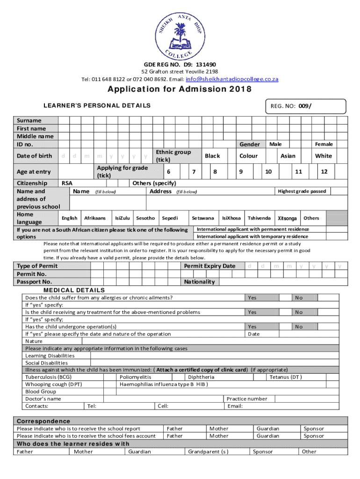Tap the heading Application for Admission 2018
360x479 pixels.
[x=180, y=90]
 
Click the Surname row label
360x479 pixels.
[x=29, y=120]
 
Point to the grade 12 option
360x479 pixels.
[x=324, y=172]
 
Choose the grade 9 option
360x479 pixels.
[x=240, y=172]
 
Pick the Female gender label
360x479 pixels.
[x=324, y=145]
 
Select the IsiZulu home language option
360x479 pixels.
[x=122, y=218]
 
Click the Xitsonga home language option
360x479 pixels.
[x=287, y=218]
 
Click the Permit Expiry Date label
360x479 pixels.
[x=209, y=266]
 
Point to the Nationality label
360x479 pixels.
[x=199, y=282]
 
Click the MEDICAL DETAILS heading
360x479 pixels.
[x=68, y=290]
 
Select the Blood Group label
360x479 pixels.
[x=41, y=392]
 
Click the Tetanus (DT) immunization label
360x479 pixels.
[x=285, y=377]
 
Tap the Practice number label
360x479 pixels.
[x=247, y=399]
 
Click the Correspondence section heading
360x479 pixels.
[x=43, y=421]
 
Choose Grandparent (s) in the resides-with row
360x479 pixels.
[x=208, y=451]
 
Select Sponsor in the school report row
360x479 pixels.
[x=313, y=428]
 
